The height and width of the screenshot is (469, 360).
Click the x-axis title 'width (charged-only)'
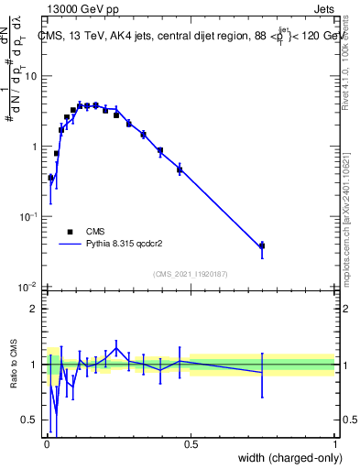pos(285,456)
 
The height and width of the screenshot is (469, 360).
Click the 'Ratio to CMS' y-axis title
pos(12,364)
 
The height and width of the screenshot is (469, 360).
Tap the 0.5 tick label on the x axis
pos(191,443)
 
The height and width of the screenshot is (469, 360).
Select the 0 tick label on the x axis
pos(47,443)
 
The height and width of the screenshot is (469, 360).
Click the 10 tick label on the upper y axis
pos(32,76)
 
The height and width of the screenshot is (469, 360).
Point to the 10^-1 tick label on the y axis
pos(29,216)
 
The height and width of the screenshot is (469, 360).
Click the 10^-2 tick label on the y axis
pos(29,287)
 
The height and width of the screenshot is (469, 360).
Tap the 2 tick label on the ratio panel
pos(36,309)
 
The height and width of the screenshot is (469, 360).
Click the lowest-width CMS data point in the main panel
pos(50,178)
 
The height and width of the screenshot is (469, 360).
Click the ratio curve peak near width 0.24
pos(116,348)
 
